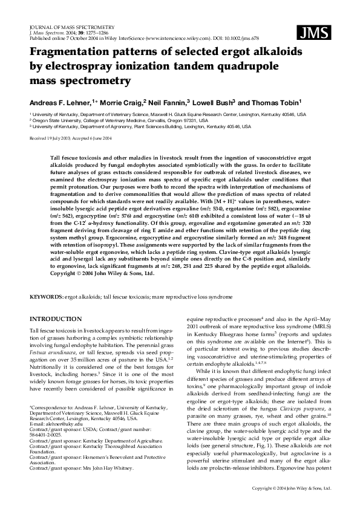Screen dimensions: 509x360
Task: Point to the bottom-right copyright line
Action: [292, 488]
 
